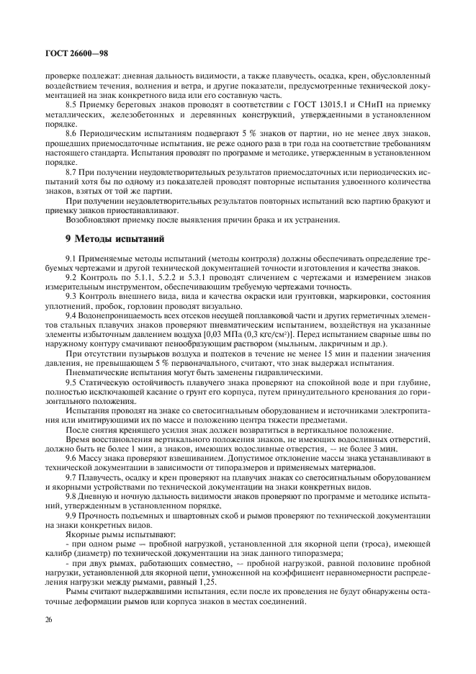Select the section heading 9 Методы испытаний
pyautogui.click(x=115, y=238)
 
